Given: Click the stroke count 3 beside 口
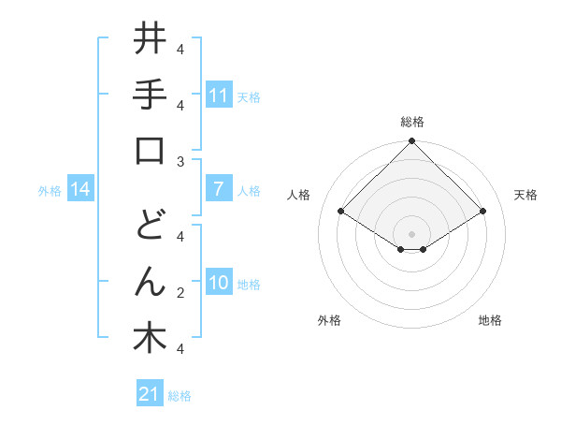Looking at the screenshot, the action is pos(180,162).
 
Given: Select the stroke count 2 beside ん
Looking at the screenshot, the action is pos(180,293).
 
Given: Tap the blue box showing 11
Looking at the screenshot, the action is pos(218,95).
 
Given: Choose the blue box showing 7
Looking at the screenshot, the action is pos(218,189).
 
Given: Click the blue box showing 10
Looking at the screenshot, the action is pos(218,283).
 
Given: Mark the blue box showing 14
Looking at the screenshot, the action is pos(80,189).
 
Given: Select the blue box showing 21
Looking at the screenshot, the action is pos(150,394).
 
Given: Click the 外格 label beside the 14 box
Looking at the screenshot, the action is pos(50,191).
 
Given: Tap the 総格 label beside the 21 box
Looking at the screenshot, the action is pos(180,396).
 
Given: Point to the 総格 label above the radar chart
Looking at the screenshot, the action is pos(412,122).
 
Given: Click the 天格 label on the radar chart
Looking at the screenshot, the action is pos(525,195).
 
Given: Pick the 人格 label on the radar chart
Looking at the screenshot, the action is pos(299,195).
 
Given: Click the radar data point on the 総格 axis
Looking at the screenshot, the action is pos(412,142).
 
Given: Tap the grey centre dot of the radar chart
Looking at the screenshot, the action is pos(412,233).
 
